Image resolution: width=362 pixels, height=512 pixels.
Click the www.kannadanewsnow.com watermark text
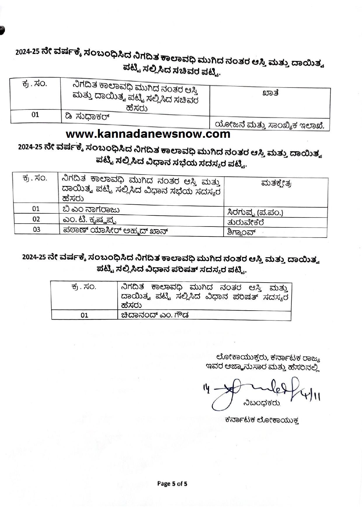148,134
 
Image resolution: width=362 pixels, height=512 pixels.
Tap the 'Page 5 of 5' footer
172,483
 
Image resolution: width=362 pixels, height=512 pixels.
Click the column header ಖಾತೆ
270,93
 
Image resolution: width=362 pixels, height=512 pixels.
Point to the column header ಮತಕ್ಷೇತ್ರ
276,183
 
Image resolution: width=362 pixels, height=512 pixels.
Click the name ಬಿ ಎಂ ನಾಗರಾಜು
90,209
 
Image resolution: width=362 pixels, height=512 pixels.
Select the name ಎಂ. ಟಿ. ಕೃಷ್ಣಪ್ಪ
91,220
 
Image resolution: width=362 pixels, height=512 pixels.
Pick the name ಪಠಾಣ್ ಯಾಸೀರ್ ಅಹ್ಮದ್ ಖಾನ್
116,230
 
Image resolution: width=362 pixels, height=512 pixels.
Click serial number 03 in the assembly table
36,229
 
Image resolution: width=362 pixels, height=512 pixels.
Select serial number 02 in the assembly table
36,219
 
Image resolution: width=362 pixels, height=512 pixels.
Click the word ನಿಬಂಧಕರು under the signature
261,403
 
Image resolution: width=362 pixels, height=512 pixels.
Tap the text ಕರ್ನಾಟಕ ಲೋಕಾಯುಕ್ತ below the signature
262,420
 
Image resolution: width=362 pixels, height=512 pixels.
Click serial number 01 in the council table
84,315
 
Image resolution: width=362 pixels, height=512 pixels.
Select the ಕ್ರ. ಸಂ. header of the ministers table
34,84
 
